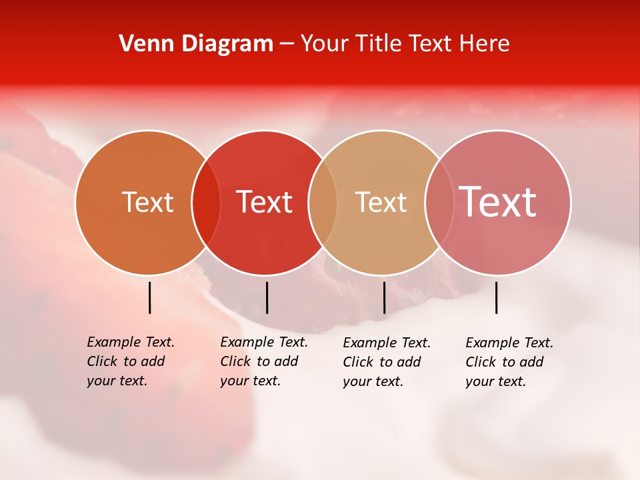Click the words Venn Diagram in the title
pyautogui.click(x=196, y=44)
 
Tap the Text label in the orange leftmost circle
pyautogui.click(x=147, y=202)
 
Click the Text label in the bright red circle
pyautogui.click(x=264, y=202)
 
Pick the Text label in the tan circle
pyautogui.click(x=381, y=202)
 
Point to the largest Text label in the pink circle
pyautogui.click(x=497, y=202)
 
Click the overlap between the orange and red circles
pyautogui.click(x=206, y=202)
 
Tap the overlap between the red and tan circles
pyautogui.click(x=323, y=202)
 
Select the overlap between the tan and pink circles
pyautogui.click(x=439, y=202)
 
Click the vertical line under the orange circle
pyautogui.click(x=150, y=297)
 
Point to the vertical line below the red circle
pyautogui.click(x=267, y=297)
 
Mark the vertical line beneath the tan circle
pyautogui.click(x=384, y=297)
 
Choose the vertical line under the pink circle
pyautogui.click(x=497, y=297)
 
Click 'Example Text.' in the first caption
pyautogui.click(x=131, y=342)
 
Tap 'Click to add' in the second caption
pyautogui.click(x=259, y=361)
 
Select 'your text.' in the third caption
pyautogui.click(x=373, y=381)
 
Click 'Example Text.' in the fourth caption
pyautogui.click(x=509, y=343)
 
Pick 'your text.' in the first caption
pyautogui.click(x=117, y=381)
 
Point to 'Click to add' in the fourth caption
pyautogui.click(x=505, y=362)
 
